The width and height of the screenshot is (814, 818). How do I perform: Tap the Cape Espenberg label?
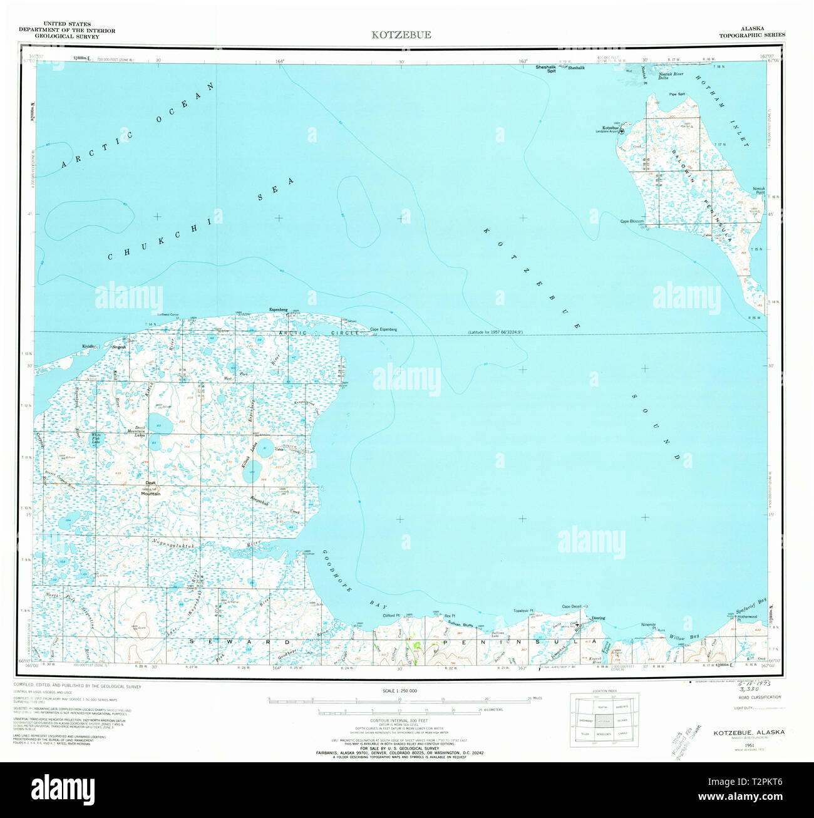tap(383, 330)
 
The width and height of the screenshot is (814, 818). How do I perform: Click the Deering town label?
tap(598, 618)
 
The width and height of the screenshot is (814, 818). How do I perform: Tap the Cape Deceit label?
tap(571, 606)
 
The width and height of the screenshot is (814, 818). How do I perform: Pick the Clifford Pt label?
tap(395, 616)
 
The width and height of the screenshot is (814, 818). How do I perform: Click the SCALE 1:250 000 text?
tap(399, 690)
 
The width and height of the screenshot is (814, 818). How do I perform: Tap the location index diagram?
tap(604, 720)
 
